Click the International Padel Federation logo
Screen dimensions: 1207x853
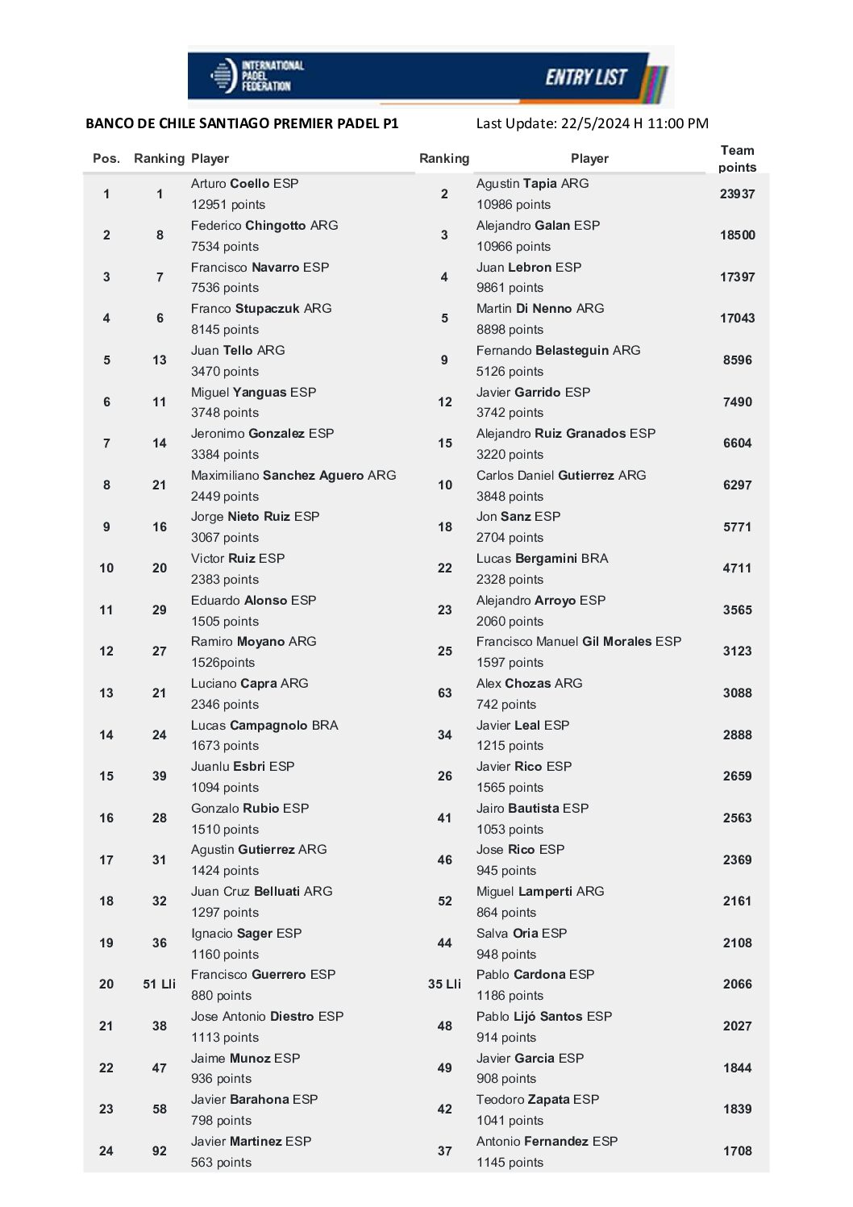(256, 76)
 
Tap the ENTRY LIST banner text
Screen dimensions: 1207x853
(586, 77)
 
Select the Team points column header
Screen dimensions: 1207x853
(737, 159)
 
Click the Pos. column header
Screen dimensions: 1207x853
(106, 159)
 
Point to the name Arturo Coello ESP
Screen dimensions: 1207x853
(244, 184)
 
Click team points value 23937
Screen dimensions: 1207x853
(737, 194)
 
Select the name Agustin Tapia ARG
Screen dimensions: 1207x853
(532, 184)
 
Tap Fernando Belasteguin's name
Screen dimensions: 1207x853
(558, 351)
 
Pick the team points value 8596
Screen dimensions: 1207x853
(737, 360)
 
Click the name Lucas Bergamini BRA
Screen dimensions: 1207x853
(542, 559)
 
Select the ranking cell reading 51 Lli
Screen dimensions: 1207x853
(160, 984)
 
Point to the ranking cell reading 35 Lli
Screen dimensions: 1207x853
(444, 984)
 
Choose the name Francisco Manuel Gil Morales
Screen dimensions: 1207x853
(578, 642)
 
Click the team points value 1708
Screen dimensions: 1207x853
(737, 1151)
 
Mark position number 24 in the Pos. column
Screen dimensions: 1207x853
(106, 1151)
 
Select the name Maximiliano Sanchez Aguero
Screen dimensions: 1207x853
(293, 476)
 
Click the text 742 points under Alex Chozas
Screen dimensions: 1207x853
(506, 705)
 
